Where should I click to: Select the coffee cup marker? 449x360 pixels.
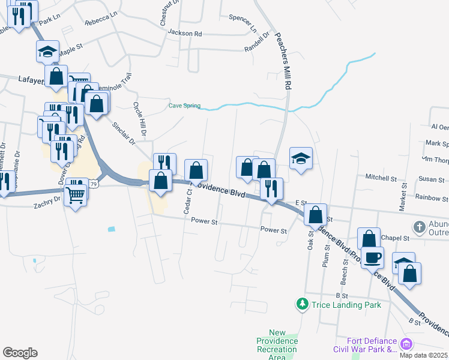[373, 257]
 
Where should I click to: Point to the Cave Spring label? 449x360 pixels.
[184, 106]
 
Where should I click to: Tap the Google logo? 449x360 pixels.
[20, 353]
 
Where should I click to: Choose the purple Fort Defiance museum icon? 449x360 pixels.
[406, 344]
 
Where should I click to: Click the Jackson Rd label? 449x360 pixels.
[185, 33]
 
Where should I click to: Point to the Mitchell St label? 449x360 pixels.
[382, 178]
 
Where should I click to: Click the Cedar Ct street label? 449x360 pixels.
[188, 202]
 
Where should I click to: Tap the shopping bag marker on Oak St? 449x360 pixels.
[315, 214]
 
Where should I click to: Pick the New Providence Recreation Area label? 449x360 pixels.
[277, 345]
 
